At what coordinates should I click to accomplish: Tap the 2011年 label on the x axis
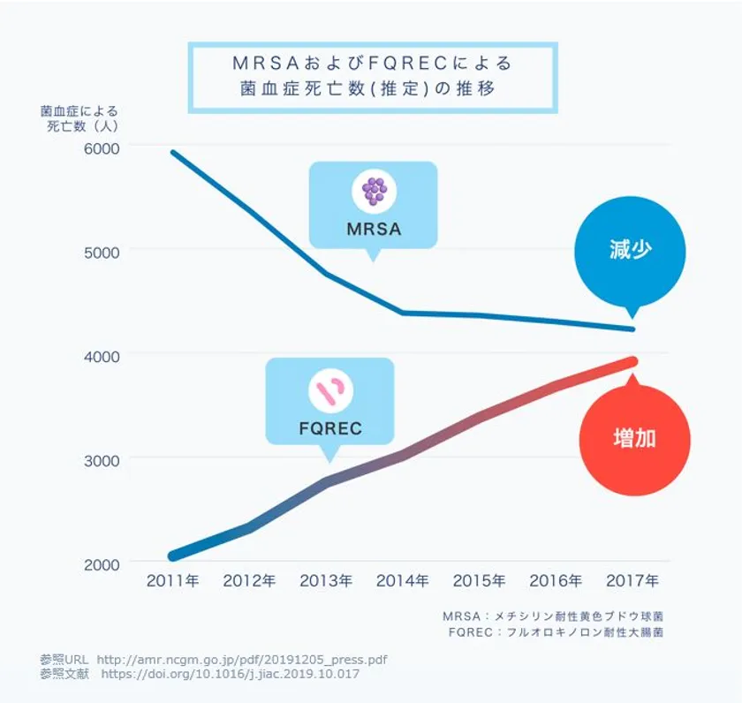coord(172,581)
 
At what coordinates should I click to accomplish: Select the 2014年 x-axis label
coord(403,581)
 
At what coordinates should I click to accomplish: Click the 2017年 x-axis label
coord(632,581)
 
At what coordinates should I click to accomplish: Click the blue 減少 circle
coord(630,251)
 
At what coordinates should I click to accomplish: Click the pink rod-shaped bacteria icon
coord(329,391)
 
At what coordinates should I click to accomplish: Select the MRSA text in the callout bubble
coord(373,230)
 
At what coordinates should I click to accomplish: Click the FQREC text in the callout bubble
coord(330,430)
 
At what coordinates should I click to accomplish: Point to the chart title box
coord(373,77)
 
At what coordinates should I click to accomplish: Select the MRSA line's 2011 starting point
coord(172,152)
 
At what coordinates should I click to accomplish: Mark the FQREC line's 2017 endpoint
coord(632,361)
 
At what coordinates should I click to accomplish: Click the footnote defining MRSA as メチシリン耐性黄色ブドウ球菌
coord(553,616)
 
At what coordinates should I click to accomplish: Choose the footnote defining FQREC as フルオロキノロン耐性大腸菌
coord(556,632)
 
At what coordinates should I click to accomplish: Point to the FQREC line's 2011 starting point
coord(172,556)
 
